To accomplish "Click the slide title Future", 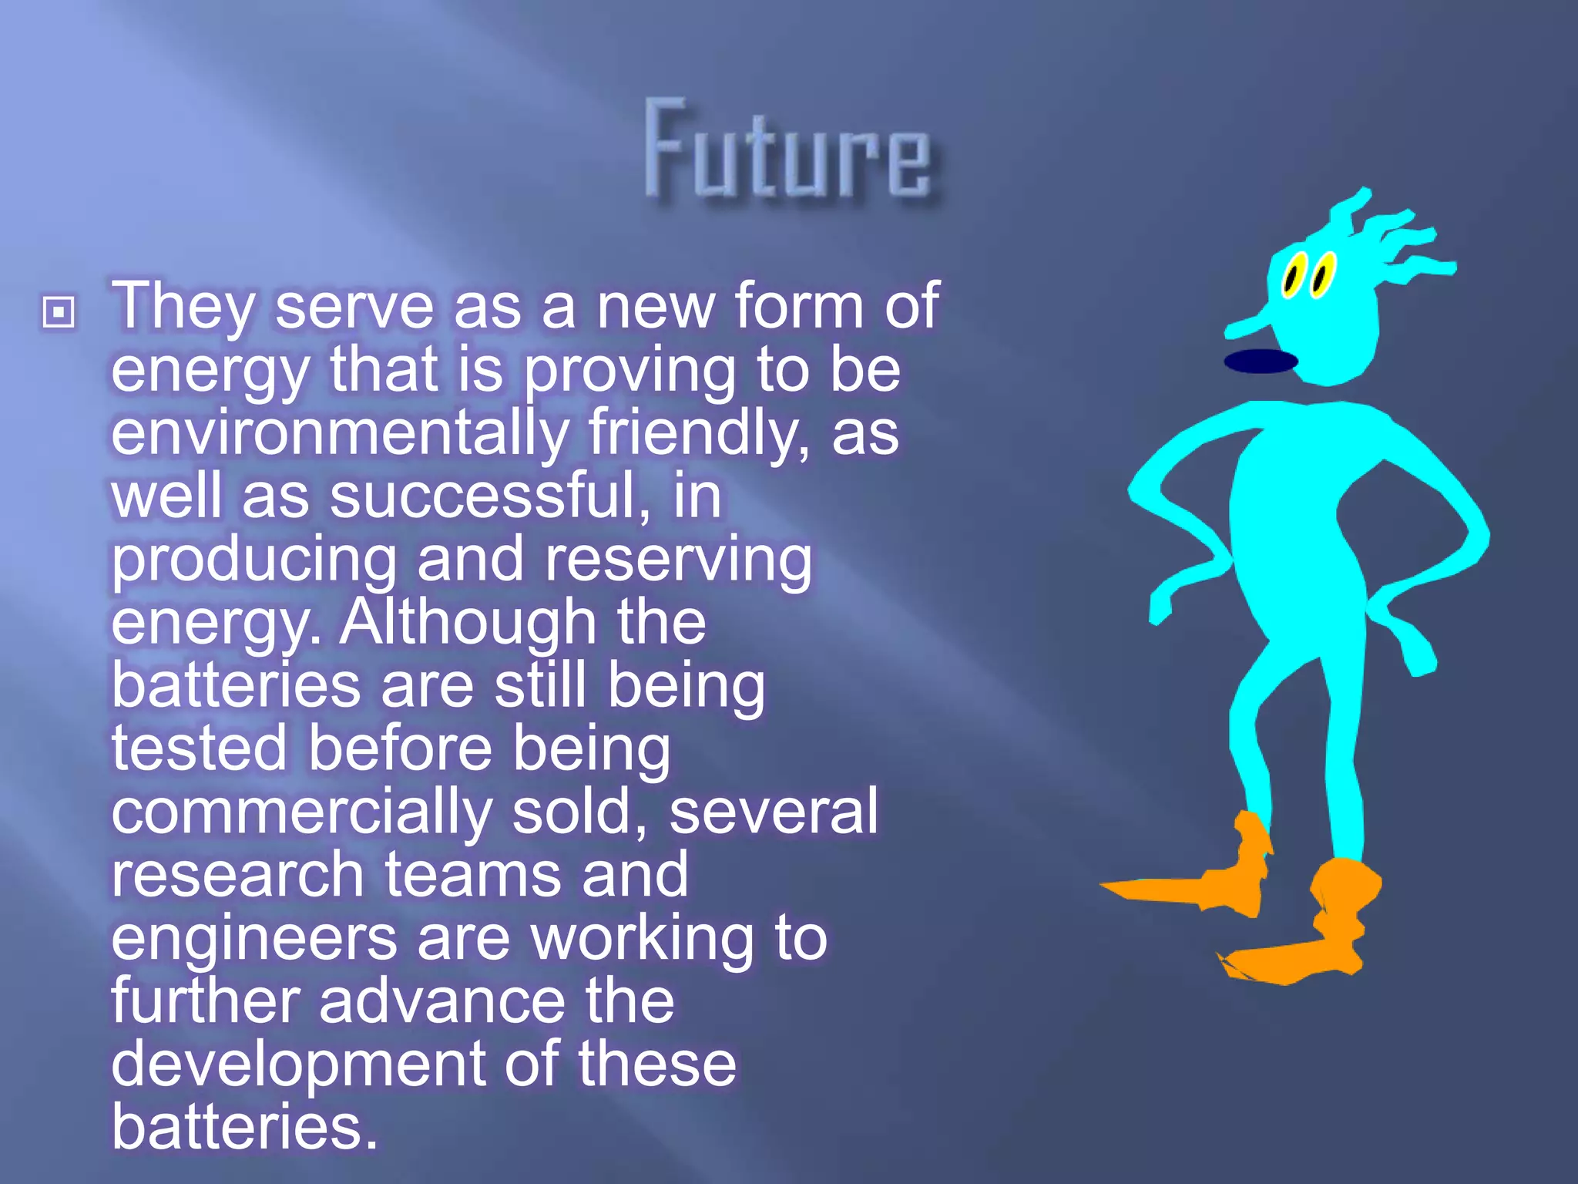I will [x=787, y=151].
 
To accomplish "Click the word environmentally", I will [x=340, y=433].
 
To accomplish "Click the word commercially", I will [x=301, y=812].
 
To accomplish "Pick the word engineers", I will [x=254, y=939].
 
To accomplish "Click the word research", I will [x=237, y=875].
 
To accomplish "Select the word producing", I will [x=253, y=560].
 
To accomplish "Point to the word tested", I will [x=199, y=748].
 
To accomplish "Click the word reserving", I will [x=678, y=560].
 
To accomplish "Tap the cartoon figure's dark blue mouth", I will [x=1261, y=361].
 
